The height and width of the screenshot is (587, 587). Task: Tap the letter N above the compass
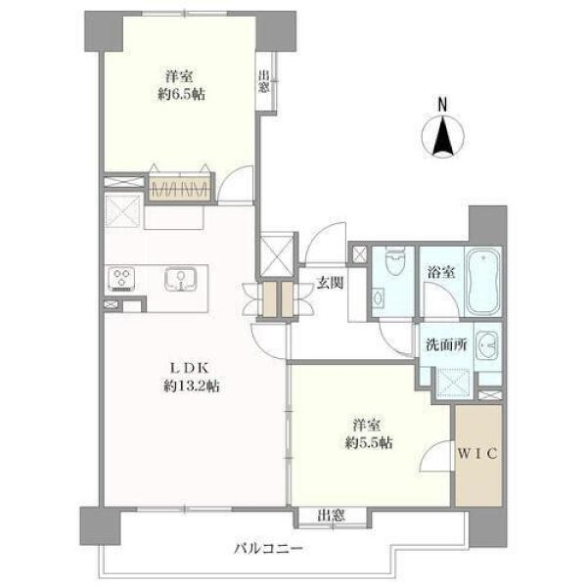[x=442, y=105]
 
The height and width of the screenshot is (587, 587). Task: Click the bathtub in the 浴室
[x=483, y=282]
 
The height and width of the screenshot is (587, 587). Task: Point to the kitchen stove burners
[x=121, y=279]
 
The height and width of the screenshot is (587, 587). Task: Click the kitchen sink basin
[x=180, y=279]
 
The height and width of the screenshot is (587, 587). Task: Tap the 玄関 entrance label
[x=330, y=283]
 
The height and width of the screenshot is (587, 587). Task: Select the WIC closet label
[x=477, y=454]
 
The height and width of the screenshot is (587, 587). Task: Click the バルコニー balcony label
[x=268, y=549]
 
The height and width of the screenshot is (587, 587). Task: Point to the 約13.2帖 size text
[x=192, y=385]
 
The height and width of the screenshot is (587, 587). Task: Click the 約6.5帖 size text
[x=181, y=94]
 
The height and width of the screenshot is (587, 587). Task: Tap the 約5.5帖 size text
[x=369, y=443]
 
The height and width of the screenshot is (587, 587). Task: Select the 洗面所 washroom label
[x=446, y=344]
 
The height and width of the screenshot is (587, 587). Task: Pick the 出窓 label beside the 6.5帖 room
[x=263, y=81]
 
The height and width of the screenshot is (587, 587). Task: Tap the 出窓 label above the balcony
[x=331, y=516]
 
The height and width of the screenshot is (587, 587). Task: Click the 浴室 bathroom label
[x=442, y=272]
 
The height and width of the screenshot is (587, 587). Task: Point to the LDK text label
[x=189, y=368]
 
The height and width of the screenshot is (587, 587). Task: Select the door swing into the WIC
[x=434, y=456]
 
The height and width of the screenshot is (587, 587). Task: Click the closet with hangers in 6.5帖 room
[x=180, y=188]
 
